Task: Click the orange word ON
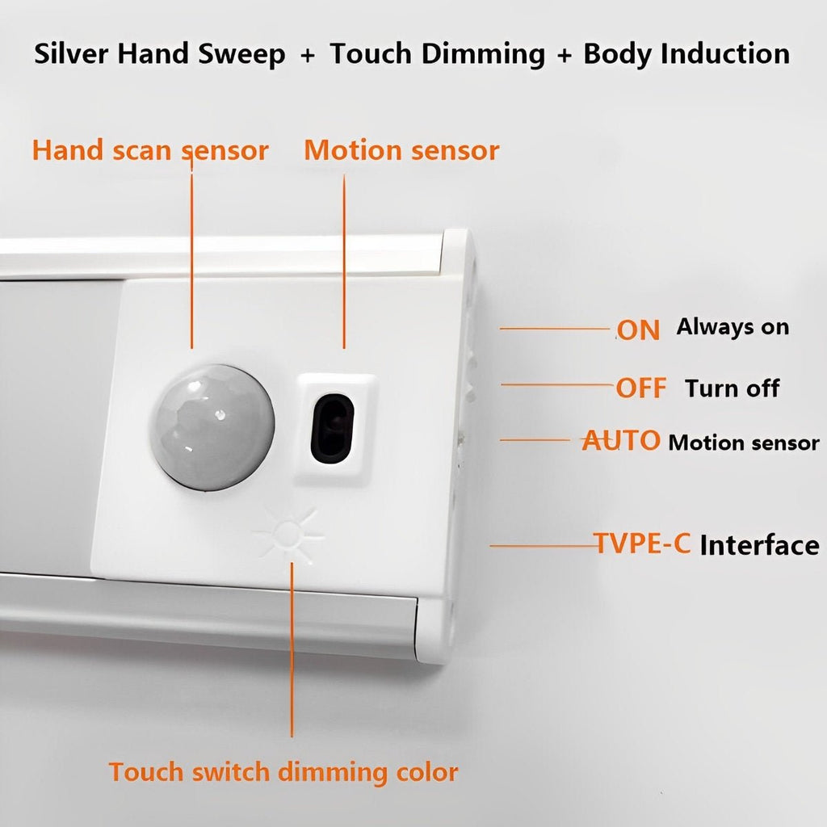pyautogui.click(x=638, y=330)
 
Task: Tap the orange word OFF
pyautogui.click(x=641, y=388)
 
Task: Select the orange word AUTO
pyautogui.click(x=621, y=440)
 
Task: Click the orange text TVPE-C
pyautogui.click(x=642, y=544)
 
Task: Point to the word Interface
pyautogui.click(x=759, y=545)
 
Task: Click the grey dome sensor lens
pyautogui.click(x=212, y=427)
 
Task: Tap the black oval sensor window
pyautogui.click(x=332, y=428)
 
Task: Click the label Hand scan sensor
pyautogui.click(x=150, y=150)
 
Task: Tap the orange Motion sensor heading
pyautogui.click(x=401, y=150)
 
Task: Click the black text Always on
pyautogui.click(x=733, y=328)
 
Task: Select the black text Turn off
pyautogui.click(x=732, y=388)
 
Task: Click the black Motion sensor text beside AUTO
pyautogui.click(x=744, y=443)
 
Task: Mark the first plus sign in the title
pyautogui.click(x=308, y=56)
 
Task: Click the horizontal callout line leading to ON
pyautogui.click(x=555, y=329)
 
